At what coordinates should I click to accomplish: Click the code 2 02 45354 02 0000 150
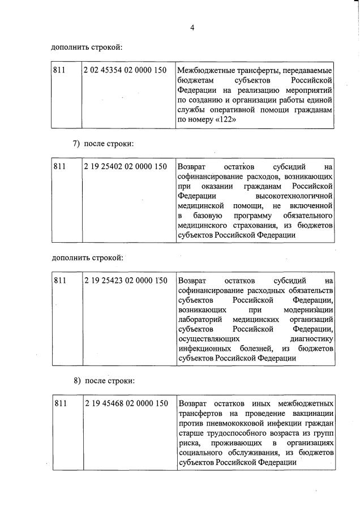tap(125, 70)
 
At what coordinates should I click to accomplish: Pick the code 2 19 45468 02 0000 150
tap(125, 403)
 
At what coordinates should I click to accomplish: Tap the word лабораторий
tap(202, 319)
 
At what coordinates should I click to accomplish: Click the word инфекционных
tap(203, 348)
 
